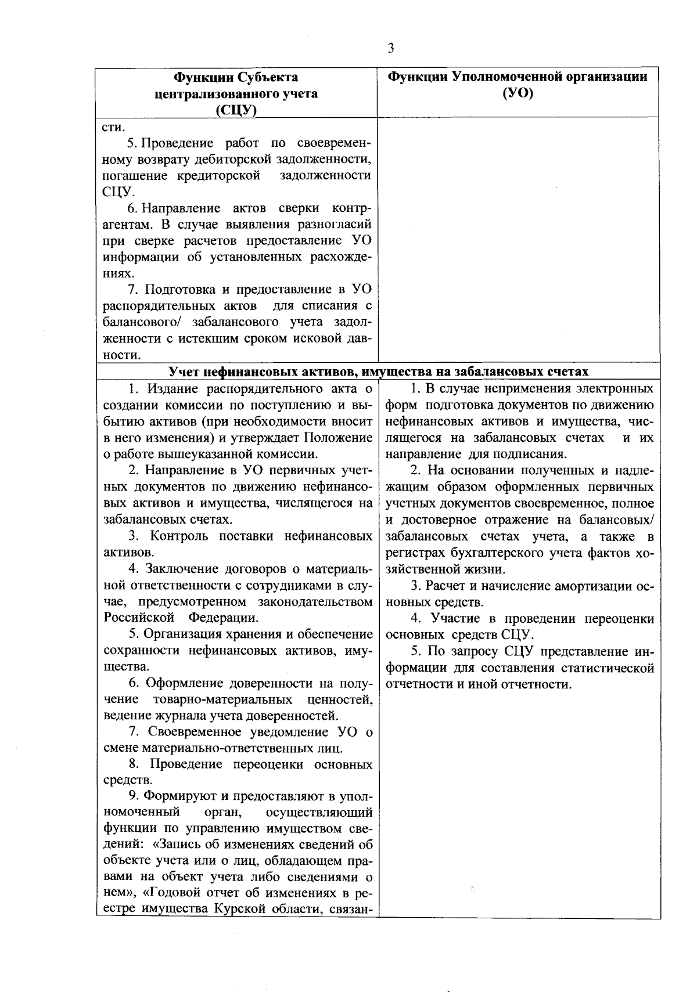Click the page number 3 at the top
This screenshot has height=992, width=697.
[x=391, y=48]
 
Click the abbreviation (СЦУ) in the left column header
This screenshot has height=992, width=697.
[x=236, y=110]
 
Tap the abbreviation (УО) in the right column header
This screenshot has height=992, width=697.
[x=518, y=93]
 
